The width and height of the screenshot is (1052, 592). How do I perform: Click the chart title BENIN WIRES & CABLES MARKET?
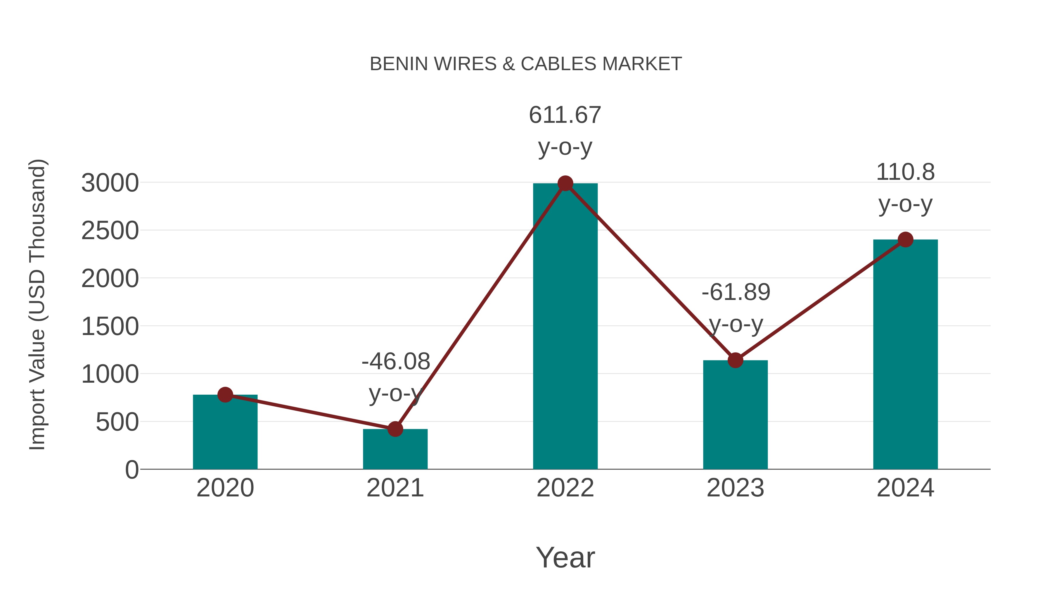click(x=526, y=64)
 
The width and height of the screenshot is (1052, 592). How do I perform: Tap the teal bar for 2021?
click(x=395, y=449)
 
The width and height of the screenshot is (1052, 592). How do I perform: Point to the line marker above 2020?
click(x=225, y=395)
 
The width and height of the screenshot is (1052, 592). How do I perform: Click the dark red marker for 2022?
click(x=565, y=183)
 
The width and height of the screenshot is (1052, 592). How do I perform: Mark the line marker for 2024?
click(x=905, y=239)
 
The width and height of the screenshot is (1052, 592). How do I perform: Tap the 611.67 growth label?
click(x=565, y=115)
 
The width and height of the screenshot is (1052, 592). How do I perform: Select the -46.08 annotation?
click(x=396, y=362)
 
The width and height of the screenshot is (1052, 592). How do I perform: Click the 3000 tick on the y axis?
click(x=110, y=183)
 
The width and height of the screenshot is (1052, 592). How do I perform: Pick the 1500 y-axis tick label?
click(x=110, y=327)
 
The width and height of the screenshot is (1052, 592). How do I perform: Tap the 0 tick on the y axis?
click(x=132, y=470)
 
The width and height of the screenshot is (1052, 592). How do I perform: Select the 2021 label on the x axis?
click(x=395, y=488)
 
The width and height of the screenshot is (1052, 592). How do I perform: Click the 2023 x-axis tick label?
click(x=735, y=488)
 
